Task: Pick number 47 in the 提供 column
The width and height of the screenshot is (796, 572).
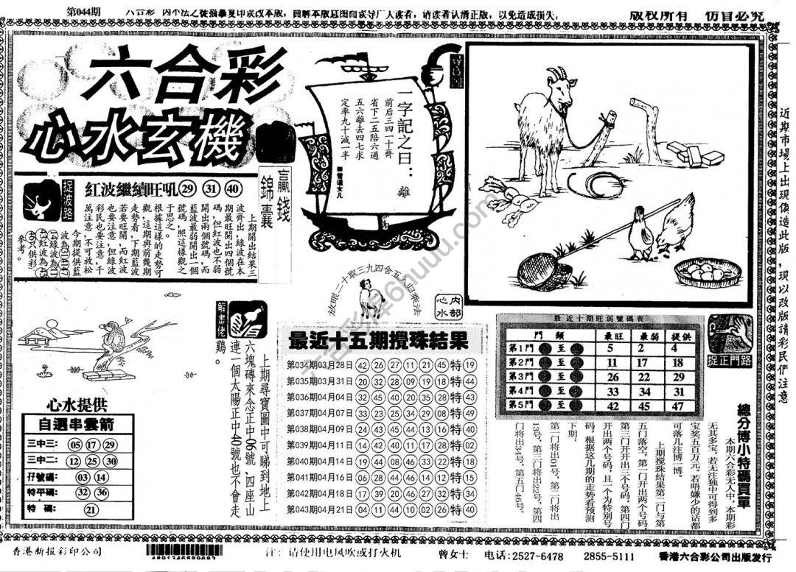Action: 678,406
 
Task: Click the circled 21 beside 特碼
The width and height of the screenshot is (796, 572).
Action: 91,509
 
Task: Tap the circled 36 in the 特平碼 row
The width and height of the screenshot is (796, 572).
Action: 102,492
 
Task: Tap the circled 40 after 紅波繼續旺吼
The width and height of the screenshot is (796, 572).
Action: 233,188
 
